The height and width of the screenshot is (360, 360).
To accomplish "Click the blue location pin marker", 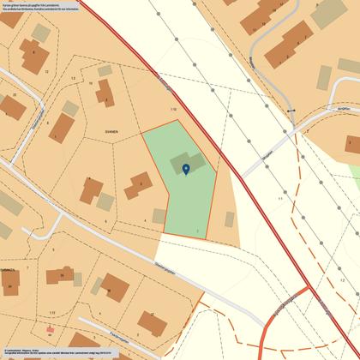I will click(187, 169).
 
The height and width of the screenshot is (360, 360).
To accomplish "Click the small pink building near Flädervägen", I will click(50, 329).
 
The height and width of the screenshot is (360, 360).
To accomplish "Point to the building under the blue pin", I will click(188, 163).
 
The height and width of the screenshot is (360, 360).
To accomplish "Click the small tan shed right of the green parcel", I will click(230, 219).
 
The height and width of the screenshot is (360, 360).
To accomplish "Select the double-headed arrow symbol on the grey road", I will click(291, 112).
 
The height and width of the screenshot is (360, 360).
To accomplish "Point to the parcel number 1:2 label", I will click(342, 279).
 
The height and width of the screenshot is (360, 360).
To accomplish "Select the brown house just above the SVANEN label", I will click(105, 93).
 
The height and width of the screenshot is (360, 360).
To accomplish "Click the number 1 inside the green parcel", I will click(198, 231).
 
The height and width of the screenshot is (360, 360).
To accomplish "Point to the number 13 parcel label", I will click(73, 79).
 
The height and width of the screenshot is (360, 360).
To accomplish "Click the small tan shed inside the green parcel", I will click(159, 216).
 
